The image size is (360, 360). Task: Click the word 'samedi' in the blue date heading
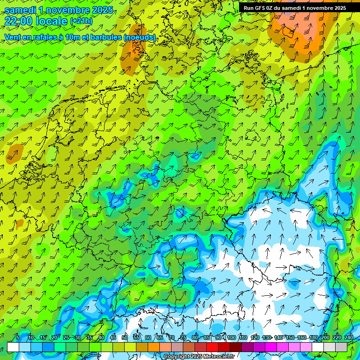pyautogui.click(x=20, y=9)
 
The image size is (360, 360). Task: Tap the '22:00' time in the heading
pyautogui.click(x=18, y=21)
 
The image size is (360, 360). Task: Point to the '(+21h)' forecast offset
pyautogui.click(x=82, y=21)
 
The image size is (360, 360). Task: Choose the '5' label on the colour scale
pyautogui.click(x=18, y=338)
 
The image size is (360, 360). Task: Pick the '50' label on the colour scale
pyautogui.click(x=124, y=338)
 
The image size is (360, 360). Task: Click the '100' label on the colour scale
pyautogui.click(x=231, y=338)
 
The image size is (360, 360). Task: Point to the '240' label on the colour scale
pyautogui.click(x=349, y=338)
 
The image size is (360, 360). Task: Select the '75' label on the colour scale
pyautogui.click(x=183, y=338)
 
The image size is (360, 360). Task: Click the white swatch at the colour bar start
pyautogui.click(x=13, y=347)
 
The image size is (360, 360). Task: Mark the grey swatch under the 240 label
pyautogui.click(x=341, y=347)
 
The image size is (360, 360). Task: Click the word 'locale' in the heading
pyautogui.click(x=52, y=21)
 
